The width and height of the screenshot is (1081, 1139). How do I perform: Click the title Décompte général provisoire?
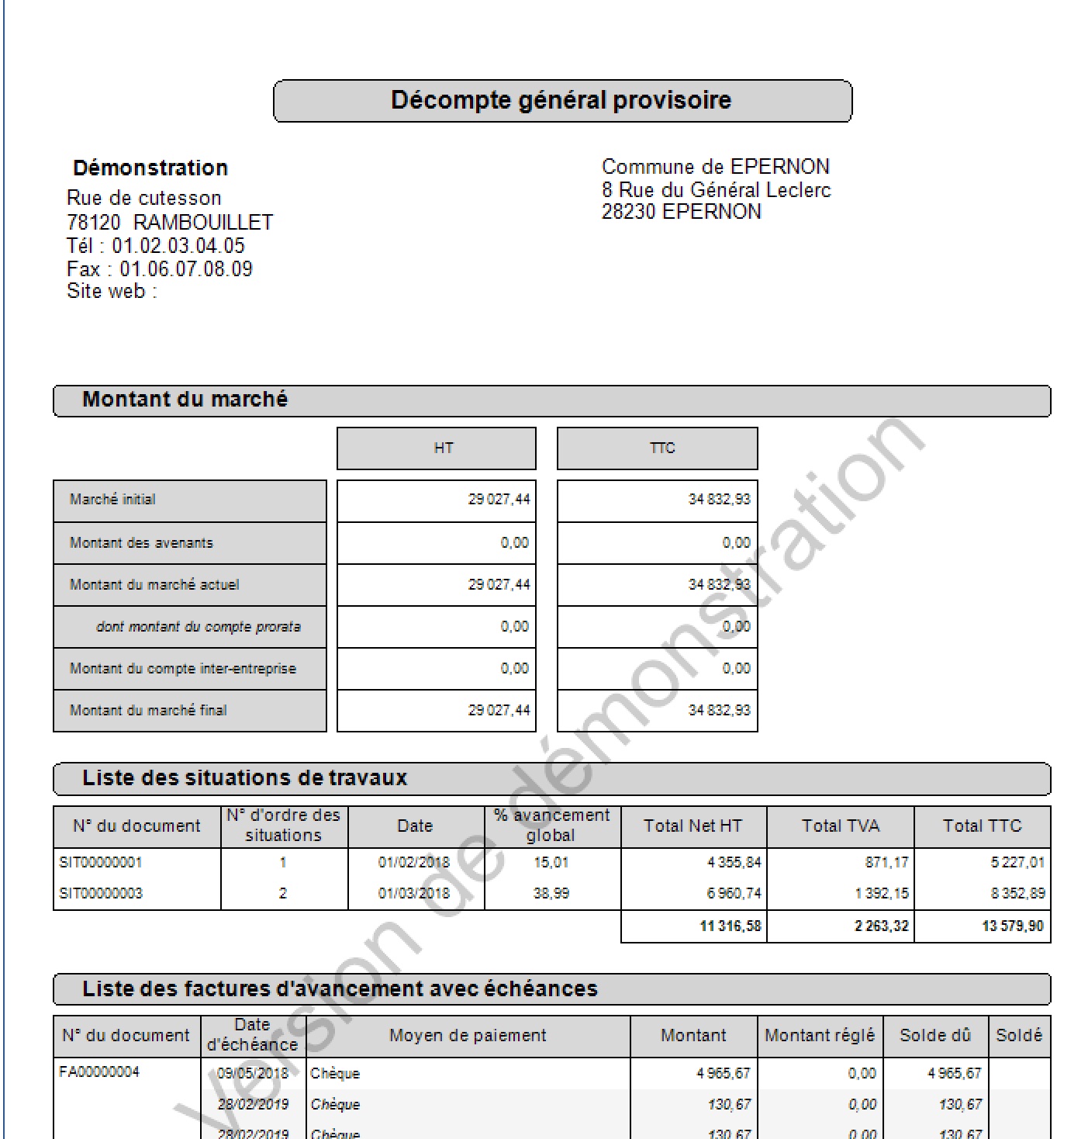coord(561,100)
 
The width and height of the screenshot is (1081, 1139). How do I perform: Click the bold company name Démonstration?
coord(150,168)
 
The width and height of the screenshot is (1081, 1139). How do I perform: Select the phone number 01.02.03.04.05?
coord(178,246)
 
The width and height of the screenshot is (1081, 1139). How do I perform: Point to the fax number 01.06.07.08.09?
coord(186,269)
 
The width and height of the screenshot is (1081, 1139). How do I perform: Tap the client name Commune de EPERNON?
coord(715,167)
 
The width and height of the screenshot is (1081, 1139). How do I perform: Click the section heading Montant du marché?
coord(185,400)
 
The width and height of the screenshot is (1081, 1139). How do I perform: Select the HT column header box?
coord(436,448)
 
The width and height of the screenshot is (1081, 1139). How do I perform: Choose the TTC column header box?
coord(657,448)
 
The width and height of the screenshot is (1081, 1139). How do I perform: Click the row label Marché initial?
coord(112,500)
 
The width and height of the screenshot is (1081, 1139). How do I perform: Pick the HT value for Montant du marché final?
coord(499,710)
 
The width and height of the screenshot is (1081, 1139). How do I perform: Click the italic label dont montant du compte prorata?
coord(198,627)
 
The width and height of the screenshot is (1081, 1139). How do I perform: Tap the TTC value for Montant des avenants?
coord(736,543)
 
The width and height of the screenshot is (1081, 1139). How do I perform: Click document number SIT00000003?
coord(101,893)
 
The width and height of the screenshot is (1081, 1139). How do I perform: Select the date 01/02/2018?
coord(414,862)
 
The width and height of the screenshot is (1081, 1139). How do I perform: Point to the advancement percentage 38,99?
coord(551,893)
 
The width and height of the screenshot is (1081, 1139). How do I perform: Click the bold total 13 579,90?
coord(1012,926)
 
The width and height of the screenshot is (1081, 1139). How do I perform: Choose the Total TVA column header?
coord(841,826)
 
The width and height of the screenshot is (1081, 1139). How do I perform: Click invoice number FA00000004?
coord(99,1072)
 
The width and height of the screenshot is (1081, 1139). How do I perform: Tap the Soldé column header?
coord(1019,1036)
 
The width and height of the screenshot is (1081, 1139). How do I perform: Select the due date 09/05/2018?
coord(253,1073)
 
